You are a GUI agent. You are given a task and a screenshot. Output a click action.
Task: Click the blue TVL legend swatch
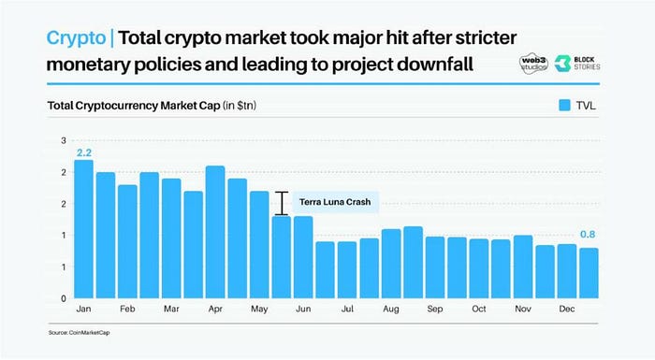565,106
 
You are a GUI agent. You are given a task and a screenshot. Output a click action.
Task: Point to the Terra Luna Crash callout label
332,202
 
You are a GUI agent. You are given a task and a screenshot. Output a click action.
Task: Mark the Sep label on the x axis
435,309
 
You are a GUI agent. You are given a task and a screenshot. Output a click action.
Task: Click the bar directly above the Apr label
214,232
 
